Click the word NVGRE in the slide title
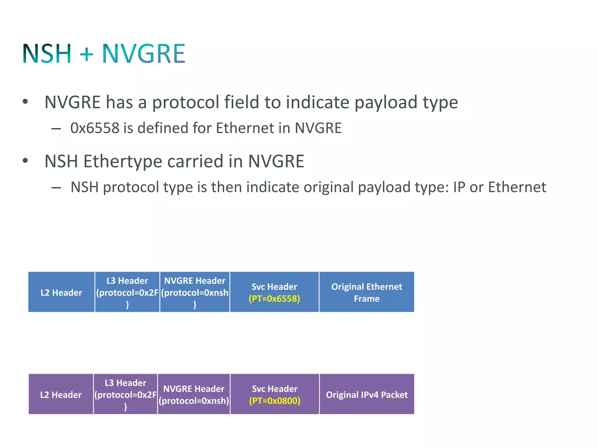pos(143,54)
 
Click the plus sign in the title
pos(86,54)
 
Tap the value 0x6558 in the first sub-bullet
pos(95,128)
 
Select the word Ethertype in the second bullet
pos(122,161)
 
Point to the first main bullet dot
pos(25,101)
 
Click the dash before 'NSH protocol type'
pos(56,188)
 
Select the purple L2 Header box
pos(61,394)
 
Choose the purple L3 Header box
pos(126,394)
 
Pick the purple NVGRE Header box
pos(194,394)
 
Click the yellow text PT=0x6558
pos(274,299)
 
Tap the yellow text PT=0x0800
pos(275,401)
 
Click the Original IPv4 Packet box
pos(367,394)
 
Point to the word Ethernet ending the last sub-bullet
pos(517,187)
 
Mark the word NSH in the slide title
pos(47,54)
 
